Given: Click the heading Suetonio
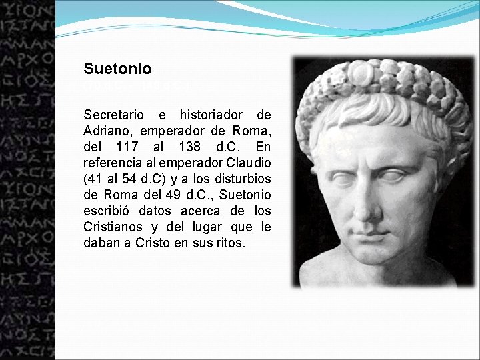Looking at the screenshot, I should tap(117, 69).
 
